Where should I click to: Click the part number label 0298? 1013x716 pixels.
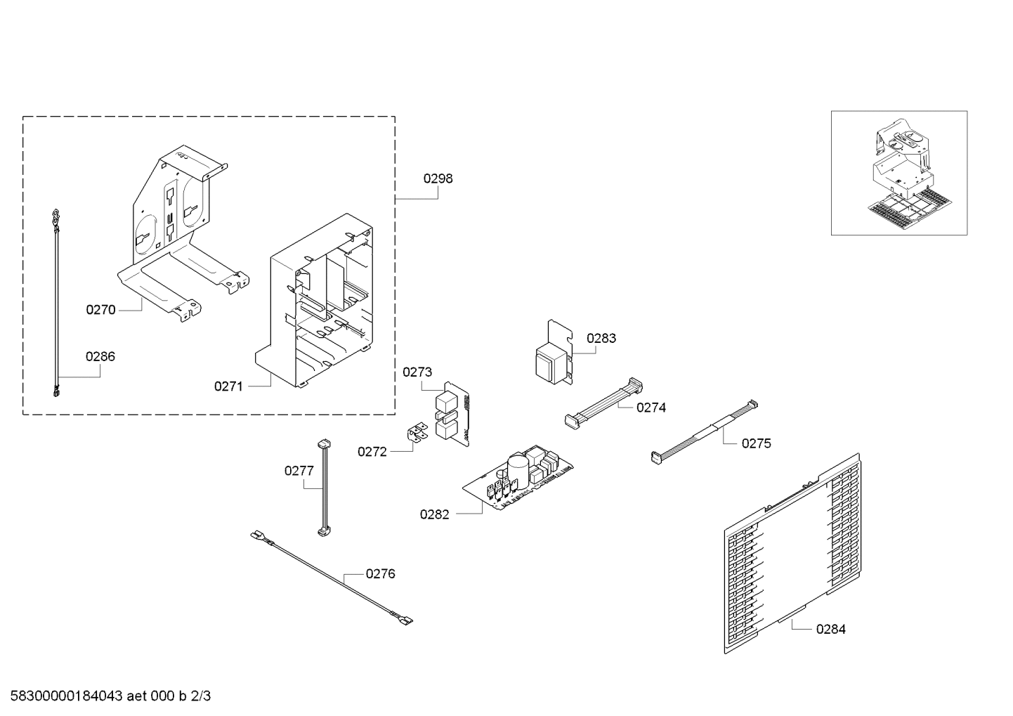click(x=438, y=178)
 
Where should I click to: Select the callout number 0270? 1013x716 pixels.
click(x=100, y=309)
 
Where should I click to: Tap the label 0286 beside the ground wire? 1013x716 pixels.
click(x=100, y=356)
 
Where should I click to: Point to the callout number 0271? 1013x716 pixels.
click(x=228, y=386)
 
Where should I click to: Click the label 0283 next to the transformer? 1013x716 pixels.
click(x=601, y=338)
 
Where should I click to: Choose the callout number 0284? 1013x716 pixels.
click(x=830, y=630)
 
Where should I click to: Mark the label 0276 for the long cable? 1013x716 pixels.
click(x=380, y=574)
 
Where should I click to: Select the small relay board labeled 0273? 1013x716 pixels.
click(x=451, y=415)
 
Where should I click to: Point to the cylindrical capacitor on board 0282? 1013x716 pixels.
click(x=518, y=467)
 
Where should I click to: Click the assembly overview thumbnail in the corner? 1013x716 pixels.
click(x=898, y=173)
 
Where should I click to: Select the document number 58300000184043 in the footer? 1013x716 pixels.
click(x=63, y=696)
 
